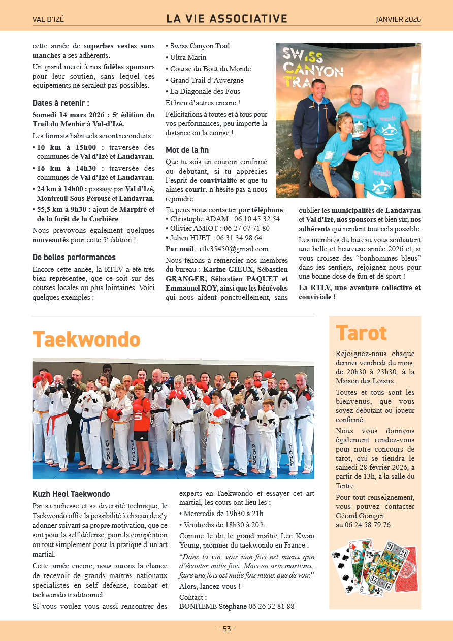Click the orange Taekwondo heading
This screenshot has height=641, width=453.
point(86,339)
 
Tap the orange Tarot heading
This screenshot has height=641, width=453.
point(361,333)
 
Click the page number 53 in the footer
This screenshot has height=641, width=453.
point(226,629)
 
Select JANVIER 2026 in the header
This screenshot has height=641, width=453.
point(398,20)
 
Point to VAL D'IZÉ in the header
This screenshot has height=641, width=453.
point(48,20)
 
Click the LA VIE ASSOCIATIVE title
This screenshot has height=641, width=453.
point(226,19)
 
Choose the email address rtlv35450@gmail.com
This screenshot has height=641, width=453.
point(234,249)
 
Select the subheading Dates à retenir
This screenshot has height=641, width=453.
point(61,103)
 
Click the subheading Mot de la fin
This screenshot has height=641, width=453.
point(187,150)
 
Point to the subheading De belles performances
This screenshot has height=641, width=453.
point(74,257)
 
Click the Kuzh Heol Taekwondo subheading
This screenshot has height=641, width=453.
point(71,494)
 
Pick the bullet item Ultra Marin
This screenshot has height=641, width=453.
point(188,57)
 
